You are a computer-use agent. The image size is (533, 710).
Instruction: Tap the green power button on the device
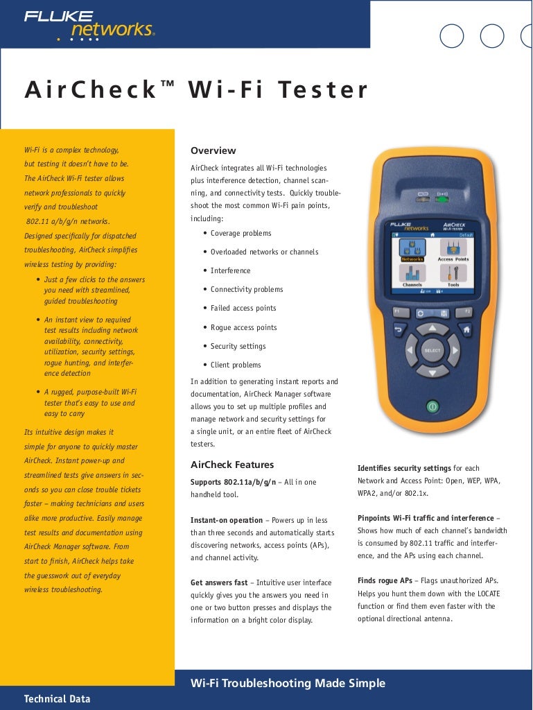[432, 406]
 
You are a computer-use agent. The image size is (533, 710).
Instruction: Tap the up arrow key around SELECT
[432, 328]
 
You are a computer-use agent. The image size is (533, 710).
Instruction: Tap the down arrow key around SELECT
[432, 372]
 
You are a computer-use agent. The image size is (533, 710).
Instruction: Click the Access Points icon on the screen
[453, 250]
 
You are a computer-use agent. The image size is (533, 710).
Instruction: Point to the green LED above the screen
[442, 199]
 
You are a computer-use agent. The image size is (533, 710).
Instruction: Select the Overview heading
[213, 150]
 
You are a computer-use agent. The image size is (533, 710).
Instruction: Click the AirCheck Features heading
[232, 465]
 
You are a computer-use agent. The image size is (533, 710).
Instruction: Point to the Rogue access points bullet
[243, 327]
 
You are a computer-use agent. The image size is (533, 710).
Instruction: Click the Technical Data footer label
[57, 699]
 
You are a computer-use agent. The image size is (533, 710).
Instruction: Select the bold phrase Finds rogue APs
[385, 580]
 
